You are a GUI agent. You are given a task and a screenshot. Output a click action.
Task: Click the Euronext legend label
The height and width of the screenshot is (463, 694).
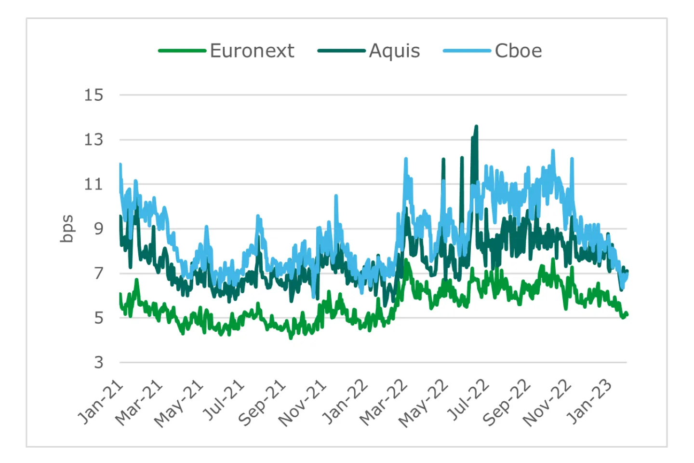pyautogui.click(x=252, y=51)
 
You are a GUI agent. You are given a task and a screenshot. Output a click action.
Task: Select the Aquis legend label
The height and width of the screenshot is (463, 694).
pyautogui.click(x=394, y=51)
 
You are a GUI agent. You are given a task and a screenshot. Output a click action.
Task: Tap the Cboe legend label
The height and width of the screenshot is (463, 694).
pyautogui.click(x=518, y=51)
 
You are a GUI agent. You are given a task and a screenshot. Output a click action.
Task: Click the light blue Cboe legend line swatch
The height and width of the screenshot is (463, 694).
pyautogui.click(x=467, y=51)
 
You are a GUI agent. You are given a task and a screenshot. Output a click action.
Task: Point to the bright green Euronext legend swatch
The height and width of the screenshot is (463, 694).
pyautogui.click(x=182, y=51)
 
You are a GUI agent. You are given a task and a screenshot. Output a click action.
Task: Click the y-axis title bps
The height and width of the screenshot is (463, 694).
pyautogui.click(x=67, y=228)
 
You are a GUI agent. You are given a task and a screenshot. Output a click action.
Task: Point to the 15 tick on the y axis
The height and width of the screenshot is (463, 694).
pyautogui.click(x=93, y=95)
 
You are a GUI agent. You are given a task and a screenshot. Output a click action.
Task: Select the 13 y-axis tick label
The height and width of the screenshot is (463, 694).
pyautogui.click(x=93, y=140)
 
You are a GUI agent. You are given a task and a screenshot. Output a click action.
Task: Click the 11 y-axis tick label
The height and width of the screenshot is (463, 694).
pyautogui.click(x=93, y=184)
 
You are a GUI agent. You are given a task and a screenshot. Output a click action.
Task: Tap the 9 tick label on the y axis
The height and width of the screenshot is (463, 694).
pyautogui.click(x=98, y=229)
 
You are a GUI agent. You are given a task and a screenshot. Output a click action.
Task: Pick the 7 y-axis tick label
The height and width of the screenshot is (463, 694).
pyautogui.click(x=98, y=273)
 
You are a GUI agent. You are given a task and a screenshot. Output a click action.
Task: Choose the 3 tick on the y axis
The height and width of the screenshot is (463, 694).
pyautogui.click(x=98, y=362)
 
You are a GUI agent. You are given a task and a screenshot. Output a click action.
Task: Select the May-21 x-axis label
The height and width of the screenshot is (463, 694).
pyautogui.click(x=179, y=404)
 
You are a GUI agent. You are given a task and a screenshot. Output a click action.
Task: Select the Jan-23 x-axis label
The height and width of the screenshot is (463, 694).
pyautogui.click(x=590, y=402)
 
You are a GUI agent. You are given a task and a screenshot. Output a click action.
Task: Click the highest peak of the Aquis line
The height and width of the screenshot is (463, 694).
pyautogui.click(x=476, y=126)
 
